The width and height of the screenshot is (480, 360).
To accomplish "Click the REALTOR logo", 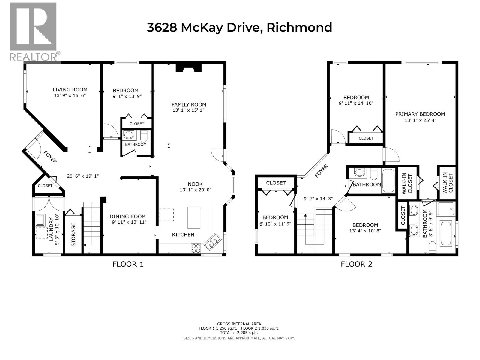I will coord(33,31).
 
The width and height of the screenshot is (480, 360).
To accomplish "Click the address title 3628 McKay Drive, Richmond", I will coord(239,28).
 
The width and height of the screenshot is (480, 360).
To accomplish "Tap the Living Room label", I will coord(70,90).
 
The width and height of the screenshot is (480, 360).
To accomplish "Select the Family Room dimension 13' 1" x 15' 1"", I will coord(189,110).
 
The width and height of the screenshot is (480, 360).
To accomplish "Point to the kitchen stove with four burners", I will coord(196,248).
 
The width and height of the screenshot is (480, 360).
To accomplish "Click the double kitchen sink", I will coord(213,242).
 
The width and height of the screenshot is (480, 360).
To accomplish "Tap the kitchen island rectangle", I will coord(194,217).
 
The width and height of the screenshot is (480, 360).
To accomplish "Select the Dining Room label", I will coord(127,217).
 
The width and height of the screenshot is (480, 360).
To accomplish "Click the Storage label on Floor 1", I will coord(73,235).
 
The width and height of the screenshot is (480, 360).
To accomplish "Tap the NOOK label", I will coord(195,184).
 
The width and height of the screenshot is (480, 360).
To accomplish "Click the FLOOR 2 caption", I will coord(356,264).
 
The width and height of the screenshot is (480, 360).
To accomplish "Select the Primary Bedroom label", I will coord(420,114).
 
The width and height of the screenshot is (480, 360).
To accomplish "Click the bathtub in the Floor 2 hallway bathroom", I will coord(389,181).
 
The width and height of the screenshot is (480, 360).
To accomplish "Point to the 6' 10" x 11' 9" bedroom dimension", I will coord(275,224).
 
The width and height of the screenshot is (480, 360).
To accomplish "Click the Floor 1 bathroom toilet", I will coord(144,136).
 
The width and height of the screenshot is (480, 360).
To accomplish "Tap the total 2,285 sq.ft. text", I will coord(239,333).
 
